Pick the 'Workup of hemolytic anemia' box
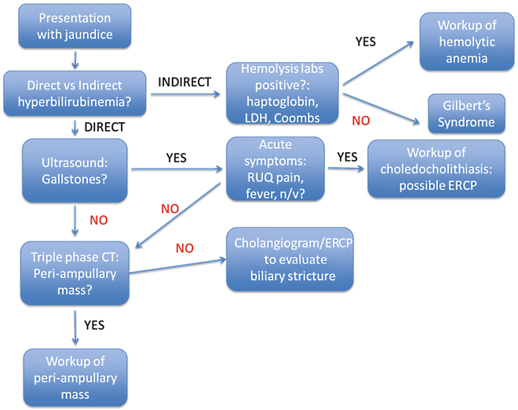456,42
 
